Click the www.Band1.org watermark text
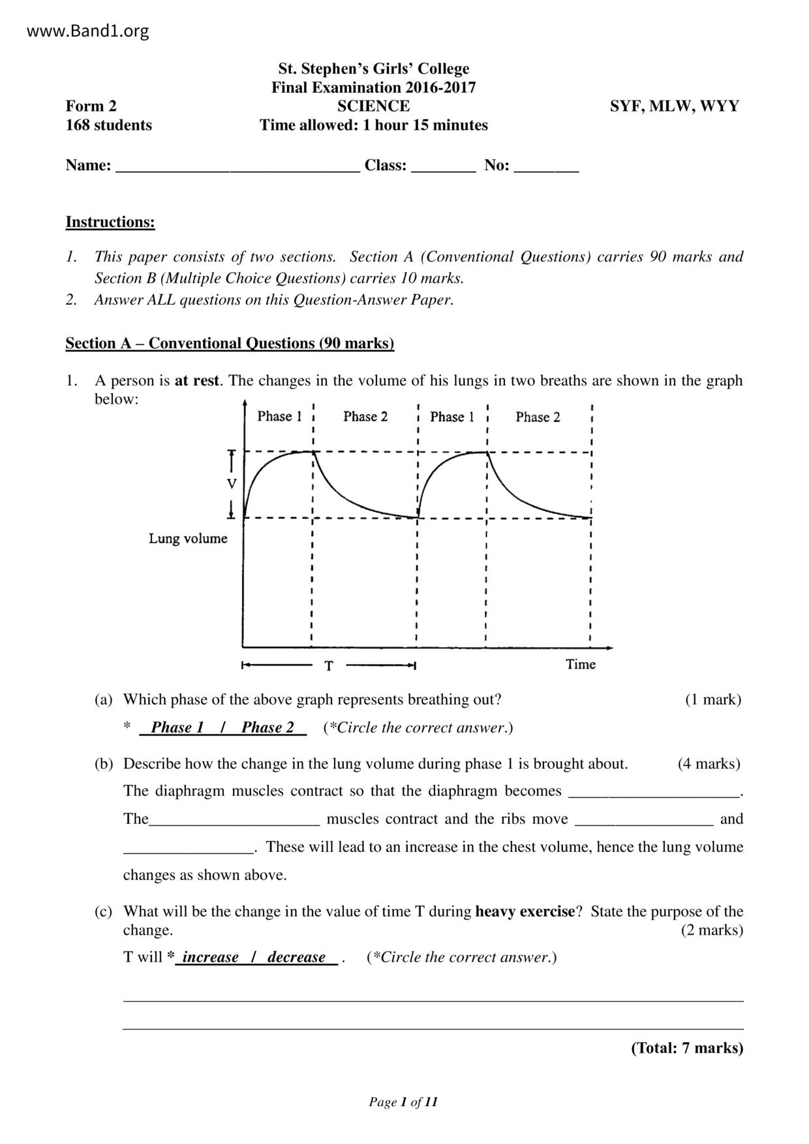88,31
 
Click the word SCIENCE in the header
373,106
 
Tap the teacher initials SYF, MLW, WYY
675,106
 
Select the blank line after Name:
237,167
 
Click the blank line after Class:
444,167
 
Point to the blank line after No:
546,167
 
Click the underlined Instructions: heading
110,222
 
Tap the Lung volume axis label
188,539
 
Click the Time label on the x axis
581,665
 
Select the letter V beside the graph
232,484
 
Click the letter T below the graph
329,666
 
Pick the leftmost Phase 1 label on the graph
279,416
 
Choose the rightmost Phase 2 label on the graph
538,417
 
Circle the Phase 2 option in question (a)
267,727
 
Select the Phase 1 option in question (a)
177,727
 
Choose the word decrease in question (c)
296,957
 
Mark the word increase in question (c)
210,957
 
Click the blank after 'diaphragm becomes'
654,792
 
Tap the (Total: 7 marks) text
687,1048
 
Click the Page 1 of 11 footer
403,1102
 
